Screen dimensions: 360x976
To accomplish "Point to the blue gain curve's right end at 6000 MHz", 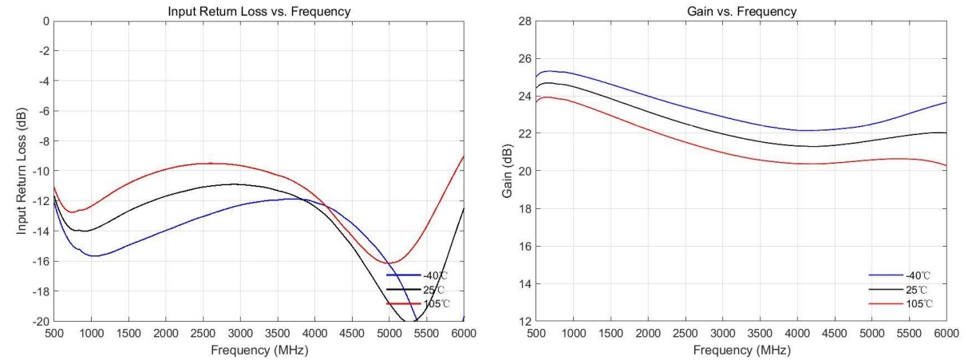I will [x=946, y=102].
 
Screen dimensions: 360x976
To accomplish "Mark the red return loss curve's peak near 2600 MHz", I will [x=211, y=163].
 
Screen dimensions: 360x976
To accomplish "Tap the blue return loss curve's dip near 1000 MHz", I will [x=94, y=255].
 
